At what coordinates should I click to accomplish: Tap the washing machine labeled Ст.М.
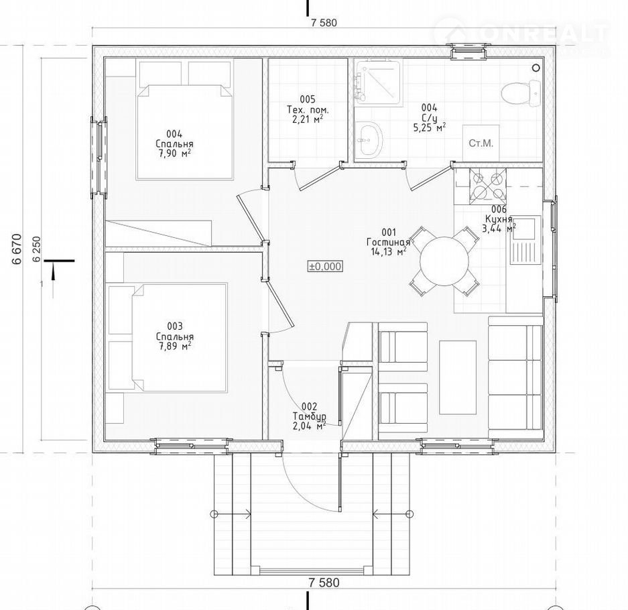point(481,143)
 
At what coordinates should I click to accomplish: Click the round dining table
point(444,261)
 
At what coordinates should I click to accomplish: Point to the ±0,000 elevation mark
point(325,266)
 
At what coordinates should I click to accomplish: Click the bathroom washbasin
point(369,140)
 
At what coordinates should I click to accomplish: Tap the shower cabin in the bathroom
point(379,82)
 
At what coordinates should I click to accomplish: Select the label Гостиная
point(388,242)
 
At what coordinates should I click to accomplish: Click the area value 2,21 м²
point(308,119)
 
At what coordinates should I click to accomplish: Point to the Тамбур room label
point(309,416)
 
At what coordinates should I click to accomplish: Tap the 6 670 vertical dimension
point(17,249)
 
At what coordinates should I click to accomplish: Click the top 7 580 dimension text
point(324,23)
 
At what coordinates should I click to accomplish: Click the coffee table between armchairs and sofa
point(458,377)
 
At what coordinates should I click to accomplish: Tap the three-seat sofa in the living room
point(515,377)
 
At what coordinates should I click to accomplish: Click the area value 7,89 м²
point(175,346)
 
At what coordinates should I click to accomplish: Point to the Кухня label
point(499,219)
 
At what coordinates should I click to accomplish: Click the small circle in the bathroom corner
point(536,68)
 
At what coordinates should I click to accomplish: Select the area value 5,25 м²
point(430,127)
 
